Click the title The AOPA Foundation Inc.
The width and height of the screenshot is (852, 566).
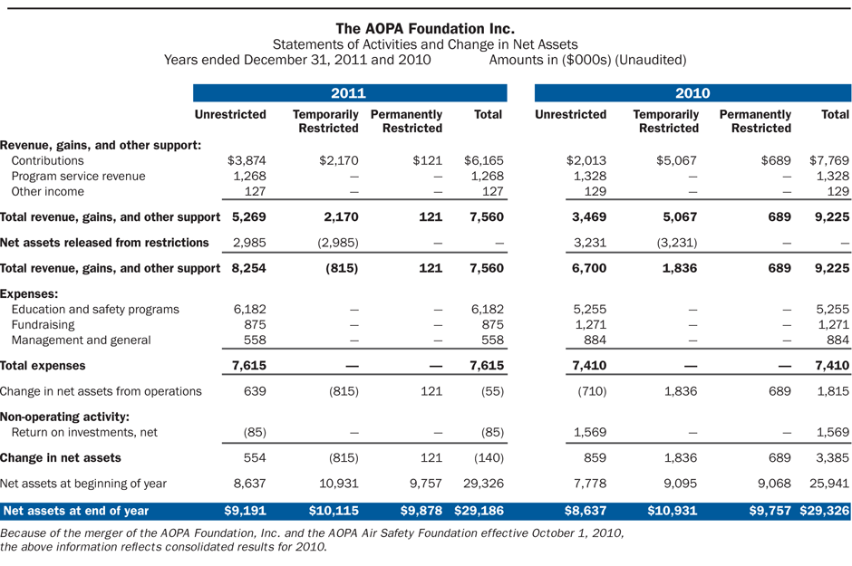click(x=425, y=28)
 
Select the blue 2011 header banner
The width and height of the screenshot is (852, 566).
click(x=349, y=93)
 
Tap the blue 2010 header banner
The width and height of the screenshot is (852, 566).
click(x=692, y=93)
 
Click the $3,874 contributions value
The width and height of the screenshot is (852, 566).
click(x=246, y=160)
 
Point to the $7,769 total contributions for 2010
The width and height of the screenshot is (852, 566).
click(x=828, y=160)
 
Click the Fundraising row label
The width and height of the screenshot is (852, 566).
click(x=43, y=324)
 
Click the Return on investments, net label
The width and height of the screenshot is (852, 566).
click(x=84, y=432)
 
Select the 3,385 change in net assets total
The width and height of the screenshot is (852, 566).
click(x=831, y=458)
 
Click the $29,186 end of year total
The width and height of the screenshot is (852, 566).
click(x=479, y=511)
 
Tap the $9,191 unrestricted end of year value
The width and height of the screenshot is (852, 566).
click(x=245, y=511)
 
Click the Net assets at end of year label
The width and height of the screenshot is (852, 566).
click(x=76, y=511)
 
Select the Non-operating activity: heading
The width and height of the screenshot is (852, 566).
click(x=64, y=417)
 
